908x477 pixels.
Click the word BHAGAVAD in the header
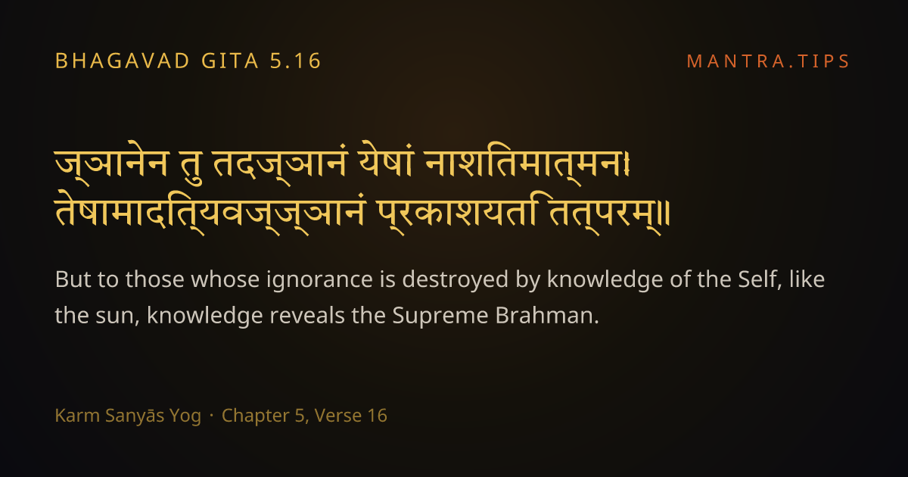pyautogui.click(x=123, y=61)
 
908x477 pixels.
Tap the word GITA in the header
pyautogui.click(x=230, y=61)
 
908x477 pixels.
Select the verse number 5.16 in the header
pyautogui.click(x=296, y=61)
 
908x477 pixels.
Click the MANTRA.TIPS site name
pyautogui.click(x=768, y=61)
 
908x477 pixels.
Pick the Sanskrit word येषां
pyautogui.click(x=386, y=161)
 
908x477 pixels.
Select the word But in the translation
pyautogui.click(x=73, y=279)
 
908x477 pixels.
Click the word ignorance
pyautogui.click(x=319, y=280)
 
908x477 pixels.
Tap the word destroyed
pyautogui.click(x=455, y=280)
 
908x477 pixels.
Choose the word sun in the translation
pyautogui.click(x=117, y=316)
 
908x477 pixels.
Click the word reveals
pyautogui.click(x=307, y=315)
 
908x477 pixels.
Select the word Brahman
pyautogui.click(x=547, y=315)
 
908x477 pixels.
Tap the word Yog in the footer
pyautogui.click(x=185, y=416)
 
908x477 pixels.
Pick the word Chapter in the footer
pyautogui.click(x=255, y=416)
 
